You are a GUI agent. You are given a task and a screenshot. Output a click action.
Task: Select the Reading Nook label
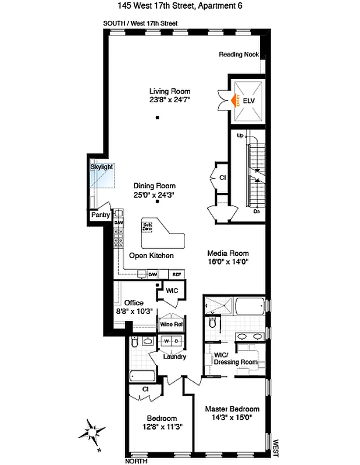pos(238,55)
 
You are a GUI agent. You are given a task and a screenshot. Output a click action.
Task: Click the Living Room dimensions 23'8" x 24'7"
pos(170,100)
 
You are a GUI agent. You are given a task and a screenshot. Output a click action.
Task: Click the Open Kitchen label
pos(151,256)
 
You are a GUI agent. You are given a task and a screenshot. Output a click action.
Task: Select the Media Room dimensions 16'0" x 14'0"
pos(228,262)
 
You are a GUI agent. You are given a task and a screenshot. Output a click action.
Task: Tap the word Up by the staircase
pos(240,135)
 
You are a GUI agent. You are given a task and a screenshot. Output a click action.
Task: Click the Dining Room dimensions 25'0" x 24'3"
pos(154,195)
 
